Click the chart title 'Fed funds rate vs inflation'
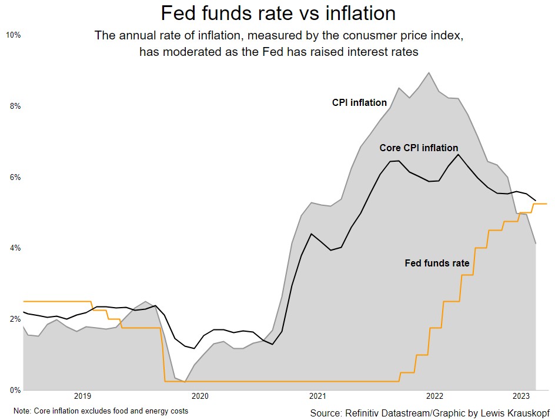pyautogui.click(x=278, y=13)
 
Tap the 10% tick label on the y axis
pyautogui.click(x=13, y=35)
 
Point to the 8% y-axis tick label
pyautogui.click(x=15, y=106)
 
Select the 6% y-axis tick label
pyautogui.click(x=15, y=178)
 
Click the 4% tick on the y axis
pyautogui.click(x=15, y=248)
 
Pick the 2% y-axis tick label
pyautogui.click(x=15, y=319)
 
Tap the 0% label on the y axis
pyautogui.click(x=15, y=390)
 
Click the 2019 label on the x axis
pyautogui.click(x=82, y=396)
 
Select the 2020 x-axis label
pyautogui.click(x=200, y=396)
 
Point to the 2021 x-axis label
pyautogui.click(x=317, y=396)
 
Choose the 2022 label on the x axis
pyautogui.click(x=435, y=396)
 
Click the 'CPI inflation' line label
pyautogui.click(x=359, y=103)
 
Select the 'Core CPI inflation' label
pyautogui.click(x=419, y=148)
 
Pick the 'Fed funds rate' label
pyautogui.click(x=437, y=264)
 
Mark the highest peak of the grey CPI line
pyautogui.click(x=429, y=73)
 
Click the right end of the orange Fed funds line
pyautogui.click(x=547, y=204)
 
